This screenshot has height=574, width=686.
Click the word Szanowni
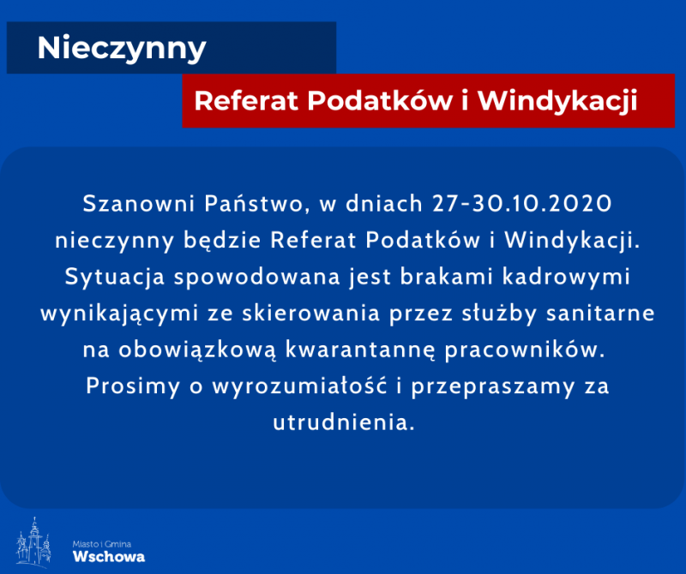[x=139, y=203]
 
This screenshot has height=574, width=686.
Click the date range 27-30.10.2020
[x=522, y=203]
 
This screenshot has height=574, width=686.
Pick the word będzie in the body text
[x=222, y=241]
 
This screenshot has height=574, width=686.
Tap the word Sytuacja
[x=115, y=278]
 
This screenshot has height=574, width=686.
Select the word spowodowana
[x=257, y=278]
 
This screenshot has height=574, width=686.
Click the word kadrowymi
[x=566, y=278]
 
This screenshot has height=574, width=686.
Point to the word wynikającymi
[x=119, y=314]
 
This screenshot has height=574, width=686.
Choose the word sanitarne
[x=600, y=314]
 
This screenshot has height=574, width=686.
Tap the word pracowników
[x=525, y=350]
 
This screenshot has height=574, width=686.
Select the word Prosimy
[x=133, y=387]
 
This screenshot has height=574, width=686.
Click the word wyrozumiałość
[x=299, y=386]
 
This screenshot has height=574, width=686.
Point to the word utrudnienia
[x=344, y=423]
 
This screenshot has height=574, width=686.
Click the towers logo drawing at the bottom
[x=33, y=542]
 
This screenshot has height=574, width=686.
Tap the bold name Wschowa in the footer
[x=109, y=557]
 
